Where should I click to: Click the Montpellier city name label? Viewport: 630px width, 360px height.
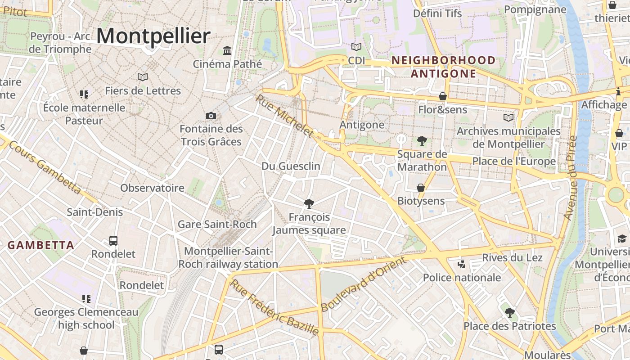click(153, 36)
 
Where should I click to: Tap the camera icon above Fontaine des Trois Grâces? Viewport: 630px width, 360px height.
click(211, 116)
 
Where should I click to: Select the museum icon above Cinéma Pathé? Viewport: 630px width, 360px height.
click(227, 50)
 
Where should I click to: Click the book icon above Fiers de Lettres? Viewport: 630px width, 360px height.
click(143, 77)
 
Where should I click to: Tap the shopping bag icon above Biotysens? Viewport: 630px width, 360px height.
click(421, 188)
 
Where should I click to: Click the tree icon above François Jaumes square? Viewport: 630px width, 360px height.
click(309, 204)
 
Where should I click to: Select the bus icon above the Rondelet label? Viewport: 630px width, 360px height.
click(113, 241)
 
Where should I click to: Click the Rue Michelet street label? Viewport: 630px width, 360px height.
click(284, 116)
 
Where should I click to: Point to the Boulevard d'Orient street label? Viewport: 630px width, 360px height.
click(364, 284)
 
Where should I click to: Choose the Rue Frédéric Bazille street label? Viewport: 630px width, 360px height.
click(274, 307)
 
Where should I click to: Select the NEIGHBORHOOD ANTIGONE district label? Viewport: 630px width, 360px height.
click(443, 67)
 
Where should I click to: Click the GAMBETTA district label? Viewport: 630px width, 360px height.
click(41, 245)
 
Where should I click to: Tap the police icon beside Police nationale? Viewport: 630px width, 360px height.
click(461, 264)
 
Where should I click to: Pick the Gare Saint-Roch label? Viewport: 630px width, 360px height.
click(217, 224)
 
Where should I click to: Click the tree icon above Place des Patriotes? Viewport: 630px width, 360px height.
click(509, 313)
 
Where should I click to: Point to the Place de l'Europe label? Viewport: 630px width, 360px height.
click(513, 161)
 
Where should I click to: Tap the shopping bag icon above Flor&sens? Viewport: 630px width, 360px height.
click(443, 96)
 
